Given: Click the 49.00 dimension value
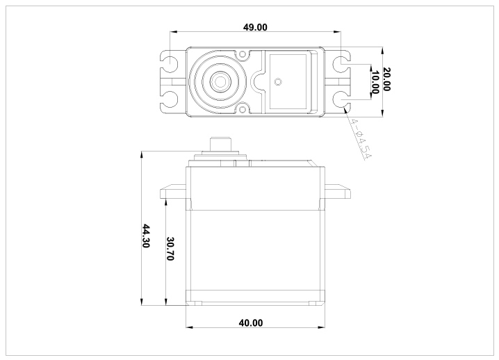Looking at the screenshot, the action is (x=255, y=27).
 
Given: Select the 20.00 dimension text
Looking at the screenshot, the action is (x=386, y=79).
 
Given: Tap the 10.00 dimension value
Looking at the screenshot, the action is (x=375, y=83).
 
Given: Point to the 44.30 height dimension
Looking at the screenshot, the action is (x=145, y=236).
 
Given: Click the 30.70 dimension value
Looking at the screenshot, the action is (x=170, y=248).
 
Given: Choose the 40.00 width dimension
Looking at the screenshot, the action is (x=251, y=322).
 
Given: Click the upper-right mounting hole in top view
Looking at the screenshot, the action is (x=340, y=63).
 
